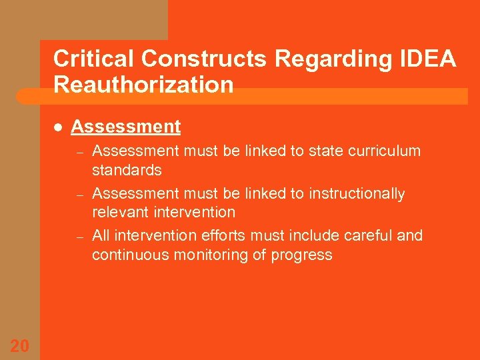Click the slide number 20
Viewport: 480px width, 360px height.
[19, 345]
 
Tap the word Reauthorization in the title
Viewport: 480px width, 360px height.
[143, 85]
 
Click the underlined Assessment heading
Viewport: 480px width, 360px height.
[125, 127]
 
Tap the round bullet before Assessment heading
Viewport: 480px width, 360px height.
[58, 127]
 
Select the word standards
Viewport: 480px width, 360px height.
[127, 170]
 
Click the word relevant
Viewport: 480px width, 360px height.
[119, 212]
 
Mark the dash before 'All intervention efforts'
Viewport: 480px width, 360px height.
[78, 237]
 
